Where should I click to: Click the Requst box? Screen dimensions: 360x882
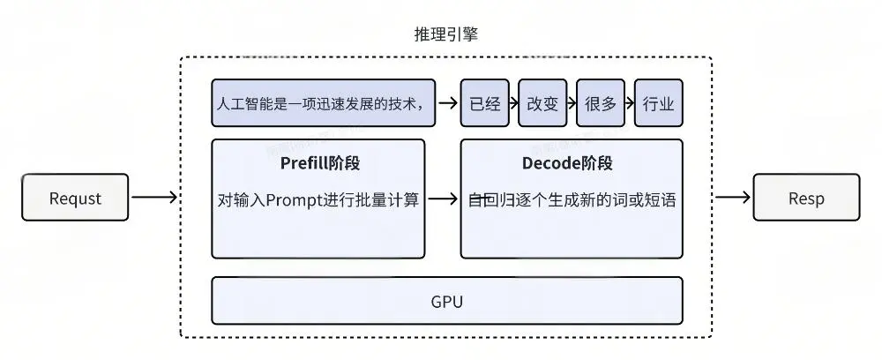tap(75, 197)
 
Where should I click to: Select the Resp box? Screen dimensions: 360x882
tap(805, 197)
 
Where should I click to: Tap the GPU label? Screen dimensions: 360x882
tap(447, 301)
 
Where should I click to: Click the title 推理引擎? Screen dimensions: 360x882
tap(445, 35)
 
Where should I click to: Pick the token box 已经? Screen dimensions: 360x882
tap(485, 102)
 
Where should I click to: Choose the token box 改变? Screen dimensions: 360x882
tap(542, 102)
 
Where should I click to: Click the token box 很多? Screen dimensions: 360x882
tap(600, 102)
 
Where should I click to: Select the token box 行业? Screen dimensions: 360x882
tap(658, 102)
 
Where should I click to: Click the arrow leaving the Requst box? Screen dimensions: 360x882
tap(154, 197)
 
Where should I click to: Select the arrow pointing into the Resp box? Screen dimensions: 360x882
tap(732, 197)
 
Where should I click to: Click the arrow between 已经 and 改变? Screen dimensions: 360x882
tap(513, 102)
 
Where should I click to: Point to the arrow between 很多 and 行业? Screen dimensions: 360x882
tap(630, 102)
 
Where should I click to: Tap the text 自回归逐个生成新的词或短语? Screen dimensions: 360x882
tap(572, 199)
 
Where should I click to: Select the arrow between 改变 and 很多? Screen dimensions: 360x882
tap(572, 102)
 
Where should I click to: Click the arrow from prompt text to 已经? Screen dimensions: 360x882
tap(448, 102)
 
